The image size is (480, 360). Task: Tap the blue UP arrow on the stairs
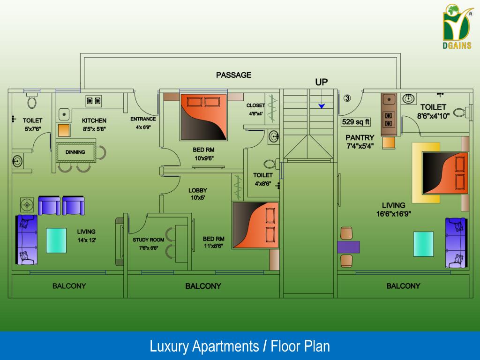322,106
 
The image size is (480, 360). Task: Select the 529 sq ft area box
355,122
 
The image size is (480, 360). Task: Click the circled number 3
347,98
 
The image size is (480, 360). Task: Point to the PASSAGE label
233,75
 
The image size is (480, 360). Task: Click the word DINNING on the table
75,152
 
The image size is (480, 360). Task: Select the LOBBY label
197,190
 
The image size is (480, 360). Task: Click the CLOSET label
255,105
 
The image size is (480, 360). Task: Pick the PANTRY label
360,137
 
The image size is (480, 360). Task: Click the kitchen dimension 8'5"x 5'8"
94,128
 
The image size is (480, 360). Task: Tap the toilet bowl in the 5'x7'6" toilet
32,101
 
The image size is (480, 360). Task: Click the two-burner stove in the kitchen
94,100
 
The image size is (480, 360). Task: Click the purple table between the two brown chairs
348,247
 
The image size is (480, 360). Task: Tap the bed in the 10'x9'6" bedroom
203,117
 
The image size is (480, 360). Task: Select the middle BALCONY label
203,286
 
